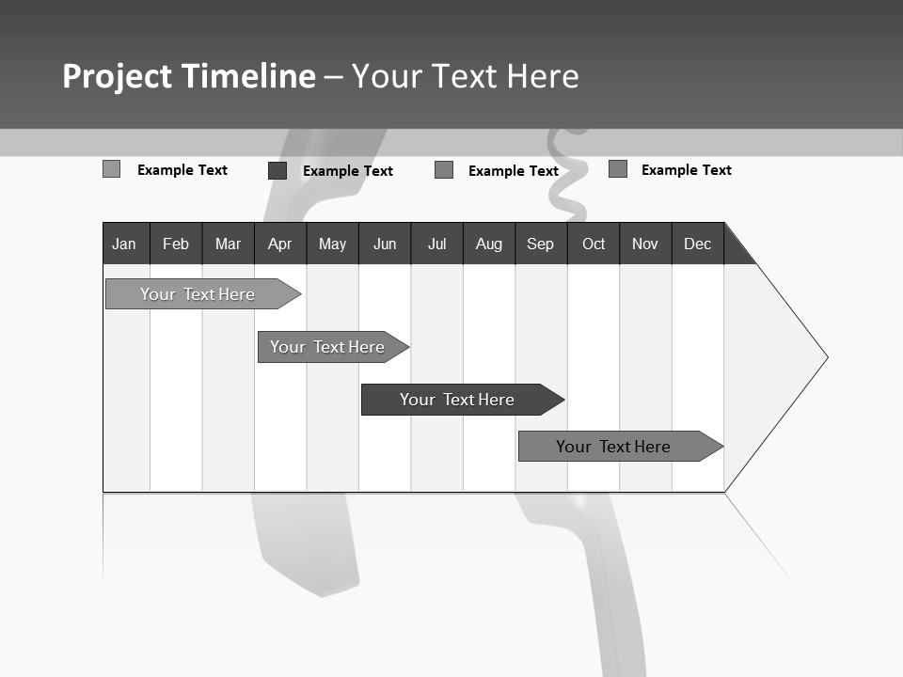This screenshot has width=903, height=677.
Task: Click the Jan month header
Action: tap(124, 244)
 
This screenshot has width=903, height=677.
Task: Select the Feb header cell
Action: tap(176, 244)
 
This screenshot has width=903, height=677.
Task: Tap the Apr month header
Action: tap(279, 244)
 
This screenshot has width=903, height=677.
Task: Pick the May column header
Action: tap(332, 244)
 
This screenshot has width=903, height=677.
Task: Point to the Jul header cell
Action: tap(436, 244)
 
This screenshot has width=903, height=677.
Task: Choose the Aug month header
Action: tap(488, 244)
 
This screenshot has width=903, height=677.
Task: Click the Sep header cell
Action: tap(540, 244)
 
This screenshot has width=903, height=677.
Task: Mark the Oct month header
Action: tap(594, 244)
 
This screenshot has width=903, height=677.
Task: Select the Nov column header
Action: tap(645, 244)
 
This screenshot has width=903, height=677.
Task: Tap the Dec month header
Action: tap(697, 244)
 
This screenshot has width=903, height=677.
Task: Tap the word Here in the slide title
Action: tap(543, 76)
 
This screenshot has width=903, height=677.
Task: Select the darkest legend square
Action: tap(277, 170)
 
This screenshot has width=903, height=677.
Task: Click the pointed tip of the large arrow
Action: tap(826, 357)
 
